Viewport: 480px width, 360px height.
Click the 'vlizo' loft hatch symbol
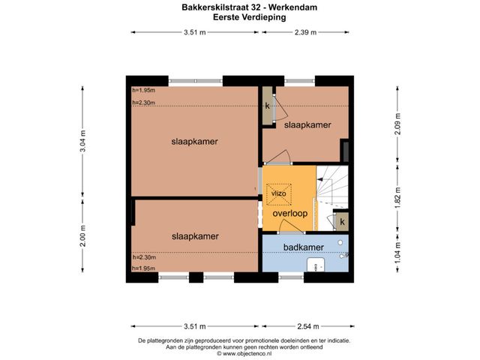[x=278, y=194]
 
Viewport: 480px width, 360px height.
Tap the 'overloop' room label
[x=290, y=213]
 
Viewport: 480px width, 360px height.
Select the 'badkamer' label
[x=303, y=247]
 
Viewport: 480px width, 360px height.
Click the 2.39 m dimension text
[x=305, y=32]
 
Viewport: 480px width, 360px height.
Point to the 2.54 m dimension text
[x=308, y=326]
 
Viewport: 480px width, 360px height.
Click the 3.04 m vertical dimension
[x=82, y=141]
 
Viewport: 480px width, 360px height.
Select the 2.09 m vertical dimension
[x=397, y=124]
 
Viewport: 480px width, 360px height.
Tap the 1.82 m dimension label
[x=397, y=197]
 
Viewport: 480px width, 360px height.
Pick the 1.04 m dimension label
[x=397, y=253]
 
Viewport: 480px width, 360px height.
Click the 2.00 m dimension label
[x=82, y=235]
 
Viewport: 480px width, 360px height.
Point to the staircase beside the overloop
[x=332, y=191]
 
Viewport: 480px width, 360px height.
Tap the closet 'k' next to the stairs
[x=342, y=221]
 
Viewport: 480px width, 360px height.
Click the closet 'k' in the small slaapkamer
[x=268, y=106]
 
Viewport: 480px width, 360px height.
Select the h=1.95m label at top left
[x=143, y=90]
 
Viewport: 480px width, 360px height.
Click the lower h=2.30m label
[x=144, y=257]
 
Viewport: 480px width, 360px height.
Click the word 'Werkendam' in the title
[x=292, y=7]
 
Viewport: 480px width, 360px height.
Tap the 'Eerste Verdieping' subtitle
[x=250, y=17]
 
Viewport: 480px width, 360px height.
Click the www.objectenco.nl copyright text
[x=244, y=353]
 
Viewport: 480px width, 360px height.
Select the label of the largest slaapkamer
[x=195, y=142]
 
